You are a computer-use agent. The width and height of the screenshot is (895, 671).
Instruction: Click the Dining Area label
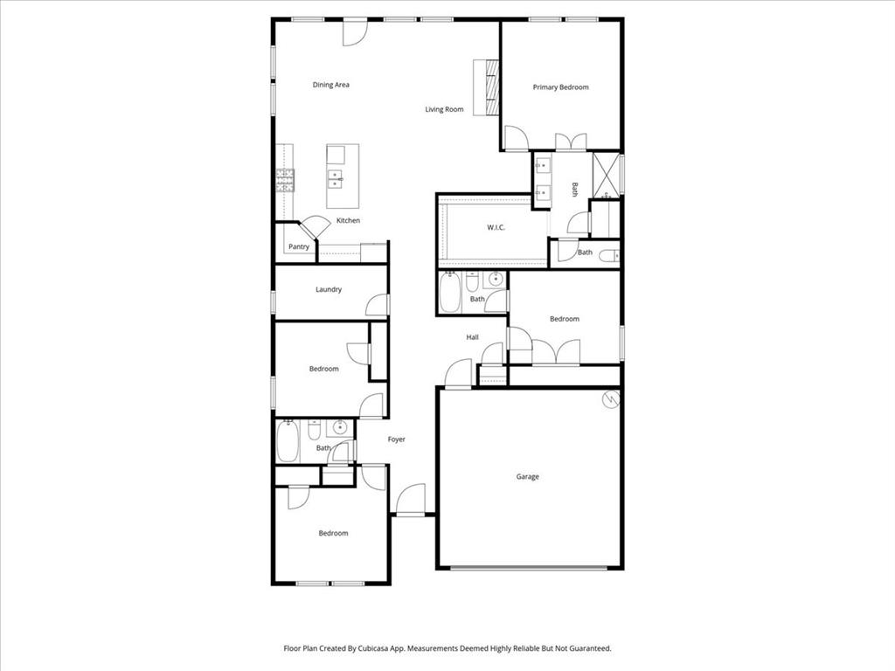coord(331,85)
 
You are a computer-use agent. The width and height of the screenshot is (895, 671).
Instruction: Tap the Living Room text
coord(444,109)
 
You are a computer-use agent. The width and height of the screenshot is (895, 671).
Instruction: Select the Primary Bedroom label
coord(560,87)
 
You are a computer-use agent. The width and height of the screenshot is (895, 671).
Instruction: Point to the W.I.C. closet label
coord(496,228)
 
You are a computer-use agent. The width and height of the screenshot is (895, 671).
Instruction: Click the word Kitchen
coord(348,221)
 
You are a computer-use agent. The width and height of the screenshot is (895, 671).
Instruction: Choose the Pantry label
coord(299,247)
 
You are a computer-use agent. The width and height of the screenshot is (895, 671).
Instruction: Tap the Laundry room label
coord(329,289)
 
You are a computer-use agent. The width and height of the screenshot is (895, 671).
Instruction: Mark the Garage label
coord(527,477)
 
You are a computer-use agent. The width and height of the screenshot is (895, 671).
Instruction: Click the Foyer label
coord(397,439)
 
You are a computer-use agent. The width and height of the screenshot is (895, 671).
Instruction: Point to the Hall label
coord(472,337)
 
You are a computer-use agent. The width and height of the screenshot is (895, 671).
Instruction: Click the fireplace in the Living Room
coord(486,86)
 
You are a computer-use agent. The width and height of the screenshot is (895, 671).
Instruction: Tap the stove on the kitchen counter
coord(285,180)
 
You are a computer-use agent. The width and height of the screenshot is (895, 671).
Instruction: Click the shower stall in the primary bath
coord(606,175)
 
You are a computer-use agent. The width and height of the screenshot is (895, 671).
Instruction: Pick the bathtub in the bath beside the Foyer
coord(288,442)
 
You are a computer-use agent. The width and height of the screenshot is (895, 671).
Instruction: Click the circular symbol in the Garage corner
coord(610,399)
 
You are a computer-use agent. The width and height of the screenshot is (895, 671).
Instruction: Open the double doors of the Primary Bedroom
coord(571,142)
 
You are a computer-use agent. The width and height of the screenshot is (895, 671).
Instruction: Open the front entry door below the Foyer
coord(409,502)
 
